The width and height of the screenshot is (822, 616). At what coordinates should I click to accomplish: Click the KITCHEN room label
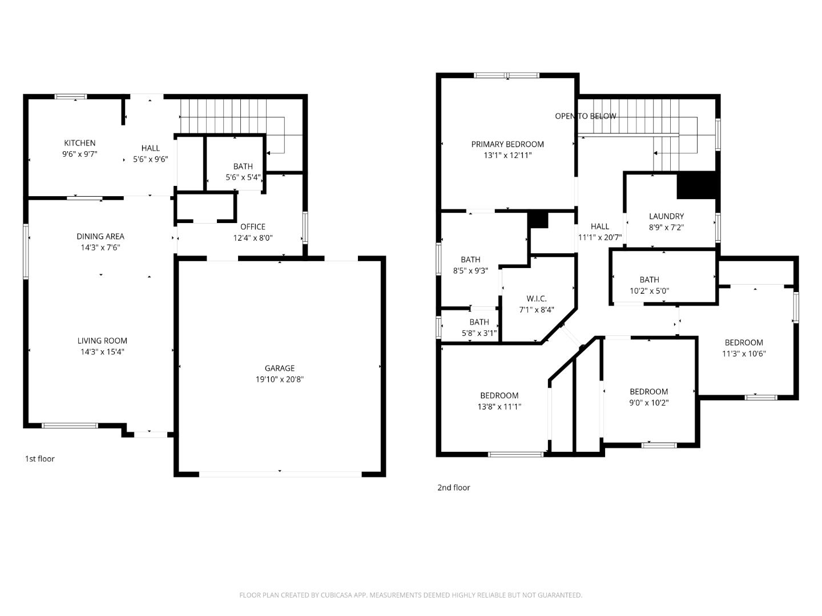[79, 143]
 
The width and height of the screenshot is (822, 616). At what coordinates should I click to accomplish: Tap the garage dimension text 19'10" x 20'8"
[279, 379]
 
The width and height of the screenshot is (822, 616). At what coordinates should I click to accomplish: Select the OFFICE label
[252, 227]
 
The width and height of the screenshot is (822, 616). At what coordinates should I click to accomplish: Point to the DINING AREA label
[100, 237]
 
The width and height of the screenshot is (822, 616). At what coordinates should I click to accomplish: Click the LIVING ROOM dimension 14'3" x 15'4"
[103, 352]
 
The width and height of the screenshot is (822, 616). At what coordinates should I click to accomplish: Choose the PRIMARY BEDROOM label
[507, 144]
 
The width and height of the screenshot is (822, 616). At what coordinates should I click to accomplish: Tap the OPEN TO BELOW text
[585, 116]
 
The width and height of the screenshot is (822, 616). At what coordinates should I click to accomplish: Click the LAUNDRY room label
[666, 216]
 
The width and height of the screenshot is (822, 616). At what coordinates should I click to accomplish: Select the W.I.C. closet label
[536, 299]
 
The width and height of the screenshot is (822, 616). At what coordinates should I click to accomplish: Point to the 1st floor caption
[40, 459]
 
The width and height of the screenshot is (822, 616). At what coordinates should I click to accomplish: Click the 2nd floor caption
[454, 488]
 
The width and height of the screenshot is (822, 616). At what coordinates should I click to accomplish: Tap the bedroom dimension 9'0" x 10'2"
[649, 403]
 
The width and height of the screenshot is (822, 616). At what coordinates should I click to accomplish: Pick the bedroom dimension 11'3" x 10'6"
[744, 354]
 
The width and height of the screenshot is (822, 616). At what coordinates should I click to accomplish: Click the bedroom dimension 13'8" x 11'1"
[499, 407]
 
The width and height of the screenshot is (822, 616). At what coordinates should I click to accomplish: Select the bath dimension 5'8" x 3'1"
[479, 333]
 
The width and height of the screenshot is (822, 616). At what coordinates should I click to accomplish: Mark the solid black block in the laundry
[696, 185]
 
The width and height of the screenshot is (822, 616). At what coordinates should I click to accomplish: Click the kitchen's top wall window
[71, 96]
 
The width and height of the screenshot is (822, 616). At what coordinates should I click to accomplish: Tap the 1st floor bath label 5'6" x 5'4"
[243, 177]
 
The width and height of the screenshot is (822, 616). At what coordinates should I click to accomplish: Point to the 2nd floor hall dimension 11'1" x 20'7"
[600, 238]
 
